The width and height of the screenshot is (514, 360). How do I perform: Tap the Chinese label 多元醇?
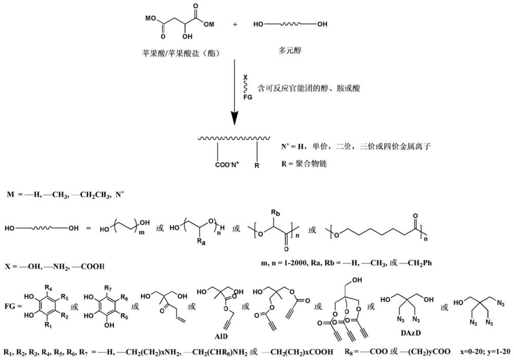(291, 51)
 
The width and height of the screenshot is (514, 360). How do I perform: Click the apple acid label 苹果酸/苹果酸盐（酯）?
(178, 52)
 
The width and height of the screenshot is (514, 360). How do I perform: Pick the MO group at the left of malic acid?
(149, 19)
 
